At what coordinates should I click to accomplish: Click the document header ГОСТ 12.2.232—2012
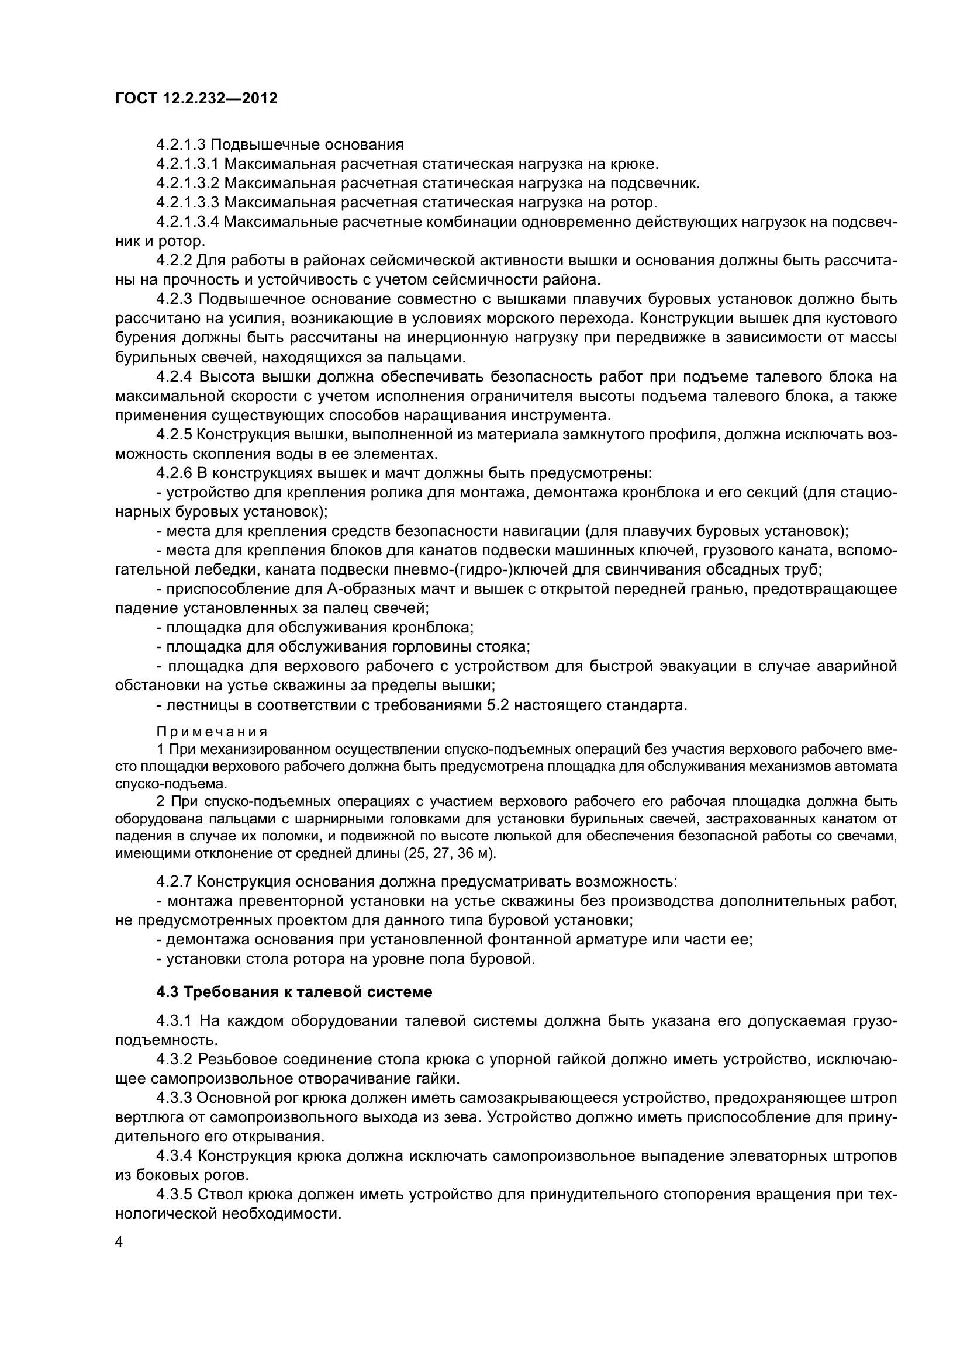click(x=196, y=98)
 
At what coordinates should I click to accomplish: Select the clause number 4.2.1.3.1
click(x=188, y=164)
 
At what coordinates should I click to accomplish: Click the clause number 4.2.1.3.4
click(x=188, y=222)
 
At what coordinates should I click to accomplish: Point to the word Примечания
click(x=212, y=731)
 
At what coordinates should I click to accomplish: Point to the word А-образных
click(x=377, y=589)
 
